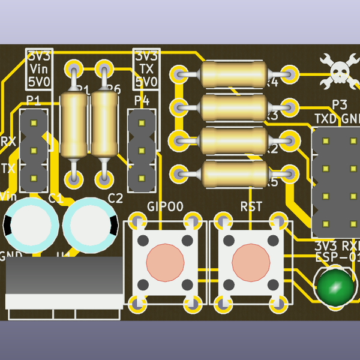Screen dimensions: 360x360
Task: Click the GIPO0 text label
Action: click(x=165, y=206)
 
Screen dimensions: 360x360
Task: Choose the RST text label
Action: click(x=251, y=206)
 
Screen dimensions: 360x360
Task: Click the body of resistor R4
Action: click(x=233, y=74)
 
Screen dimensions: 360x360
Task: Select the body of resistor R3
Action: click(x=233, y=107)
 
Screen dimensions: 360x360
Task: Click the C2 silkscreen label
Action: click(x=115, y=198)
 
